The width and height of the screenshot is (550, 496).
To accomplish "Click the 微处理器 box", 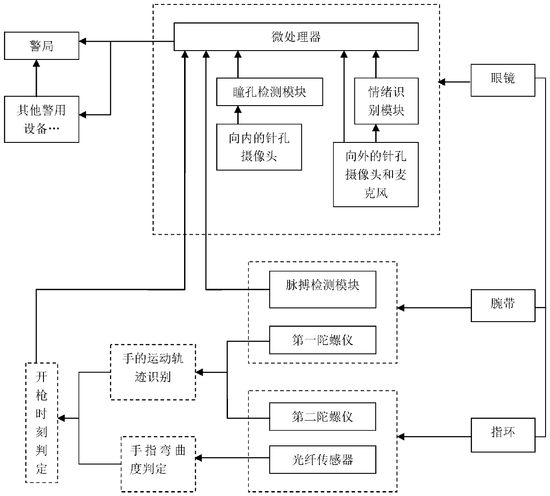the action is coord(296,37).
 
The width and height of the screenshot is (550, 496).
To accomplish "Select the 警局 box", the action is coord(41,46).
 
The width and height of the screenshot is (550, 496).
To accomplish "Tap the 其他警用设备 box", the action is coord(41,119).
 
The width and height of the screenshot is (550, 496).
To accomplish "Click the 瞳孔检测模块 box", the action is coord(270,92).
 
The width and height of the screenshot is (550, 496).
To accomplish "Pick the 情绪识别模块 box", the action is coord(386,101).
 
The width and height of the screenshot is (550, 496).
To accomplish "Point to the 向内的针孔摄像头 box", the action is coord(259,147).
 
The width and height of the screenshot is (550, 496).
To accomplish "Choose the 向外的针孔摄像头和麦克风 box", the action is coord(376,174).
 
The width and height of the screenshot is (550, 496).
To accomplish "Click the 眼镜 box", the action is coord(503,80).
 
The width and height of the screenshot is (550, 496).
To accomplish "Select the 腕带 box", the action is coord(503,306).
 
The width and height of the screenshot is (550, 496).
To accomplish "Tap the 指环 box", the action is coord(503,435).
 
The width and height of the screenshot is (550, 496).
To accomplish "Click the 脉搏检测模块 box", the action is coord(323,289).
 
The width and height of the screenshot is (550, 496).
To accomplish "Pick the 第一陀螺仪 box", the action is coord(323,340).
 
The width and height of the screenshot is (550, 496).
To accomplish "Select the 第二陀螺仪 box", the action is coord(323,417).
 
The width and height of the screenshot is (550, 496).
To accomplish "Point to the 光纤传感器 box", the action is coord(323,460).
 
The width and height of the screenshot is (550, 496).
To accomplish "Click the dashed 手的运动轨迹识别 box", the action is coord(153,372).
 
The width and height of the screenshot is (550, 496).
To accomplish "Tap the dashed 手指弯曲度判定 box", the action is coord(158,464).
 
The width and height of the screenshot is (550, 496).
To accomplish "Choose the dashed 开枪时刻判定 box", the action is coord(42,423).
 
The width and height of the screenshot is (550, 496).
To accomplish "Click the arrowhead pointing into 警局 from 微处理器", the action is coord(82,41).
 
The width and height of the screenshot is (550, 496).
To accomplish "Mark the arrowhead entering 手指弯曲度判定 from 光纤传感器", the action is coord(199,458).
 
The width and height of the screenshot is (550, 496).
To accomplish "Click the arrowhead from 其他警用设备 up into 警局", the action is coord(36,63).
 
